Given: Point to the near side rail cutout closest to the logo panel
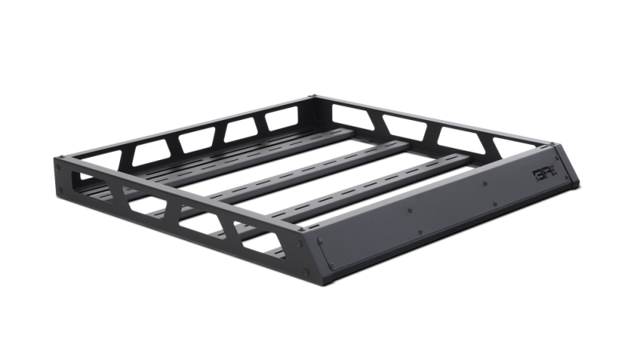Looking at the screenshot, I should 260,239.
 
